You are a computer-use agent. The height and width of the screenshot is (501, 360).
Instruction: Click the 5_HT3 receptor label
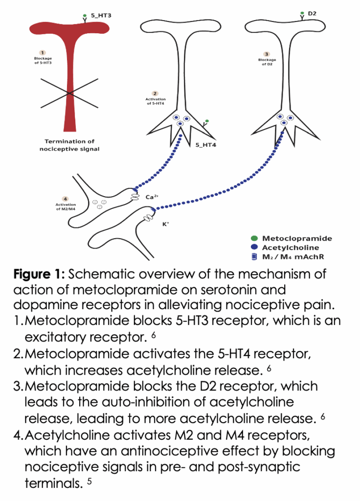(101, 16)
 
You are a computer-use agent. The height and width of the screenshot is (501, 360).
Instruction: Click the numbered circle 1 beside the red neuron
(43, 52)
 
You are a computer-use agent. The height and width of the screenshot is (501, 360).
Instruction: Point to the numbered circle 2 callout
(155, 93)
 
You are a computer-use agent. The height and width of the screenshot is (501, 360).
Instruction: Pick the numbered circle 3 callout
(267, 54)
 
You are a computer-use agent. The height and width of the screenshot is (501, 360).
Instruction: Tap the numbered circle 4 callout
(66, 198)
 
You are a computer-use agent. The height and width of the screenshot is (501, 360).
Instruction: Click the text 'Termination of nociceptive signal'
(69, 145)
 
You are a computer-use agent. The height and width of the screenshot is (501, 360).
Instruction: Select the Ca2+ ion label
(152, 197)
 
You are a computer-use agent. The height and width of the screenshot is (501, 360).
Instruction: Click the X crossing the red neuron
(68, 92)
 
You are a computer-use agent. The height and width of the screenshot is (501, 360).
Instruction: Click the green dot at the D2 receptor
(302, 13)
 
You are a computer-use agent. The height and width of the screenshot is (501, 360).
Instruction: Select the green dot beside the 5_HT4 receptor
(207, 121)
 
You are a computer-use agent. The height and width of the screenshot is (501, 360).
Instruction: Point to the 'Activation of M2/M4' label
(66, 206)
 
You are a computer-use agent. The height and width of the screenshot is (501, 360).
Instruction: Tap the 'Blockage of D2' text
(267, 62)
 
